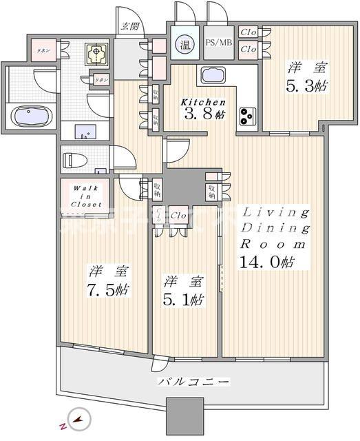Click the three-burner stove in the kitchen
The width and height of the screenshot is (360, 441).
tap(247, 116)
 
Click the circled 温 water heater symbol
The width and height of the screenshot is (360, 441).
tap(186, 45)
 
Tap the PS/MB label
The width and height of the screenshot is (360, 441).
tap(218, 42)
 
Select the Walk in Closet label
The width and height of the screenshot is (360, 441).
tap(82, 195)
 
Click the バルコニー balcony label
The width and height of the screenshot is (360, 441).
tap(193, 381)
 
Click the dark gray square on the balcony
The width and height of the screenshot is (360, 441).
tap(187, 416)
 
